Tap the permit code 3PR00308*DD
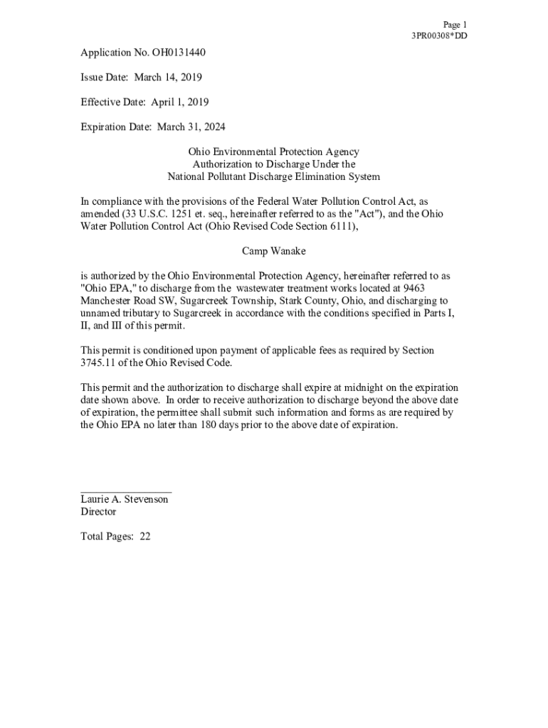(x=439, y=36)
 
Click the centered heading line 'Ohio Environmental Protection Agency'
(x=273, y=151)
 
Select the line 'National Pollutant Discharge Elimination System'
(x=273, y=176)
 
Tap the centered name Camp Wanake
(x=273, y=251)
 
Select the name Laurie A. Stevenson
(x=125, y=499)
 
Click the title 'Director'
(x=98, y=512)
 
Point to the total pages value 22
(x=145, y=537)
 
